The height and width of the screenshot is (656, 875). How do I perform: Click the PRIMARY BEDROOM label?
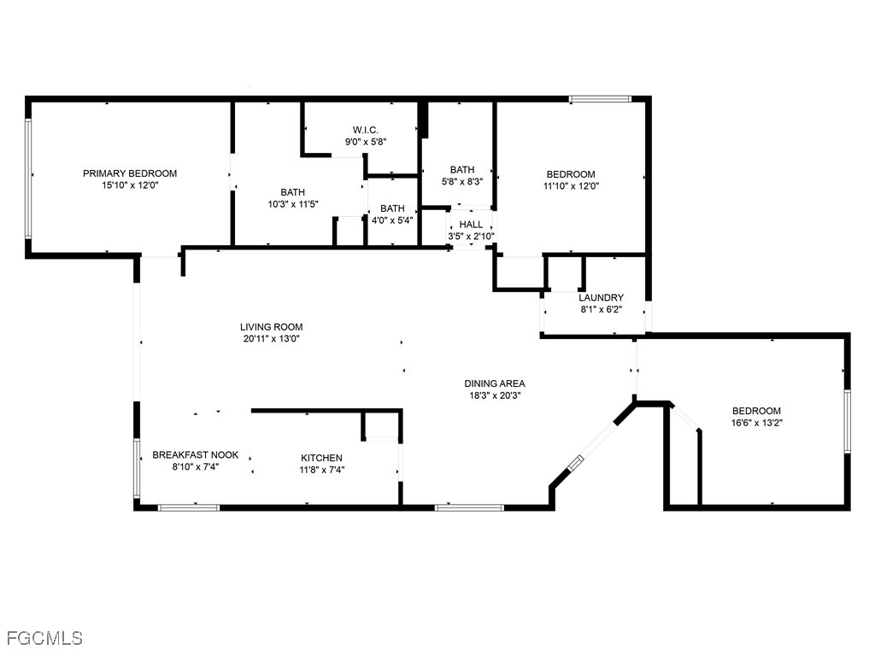[130, 173]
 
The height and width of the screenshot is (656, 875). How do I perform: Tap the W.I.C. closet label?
[366, 130]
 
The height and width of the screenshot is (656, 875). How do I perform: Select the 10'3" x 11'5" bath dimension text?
[293, 204]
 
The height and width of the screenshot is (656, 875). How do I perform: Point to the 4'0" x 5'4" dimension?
[392, 220]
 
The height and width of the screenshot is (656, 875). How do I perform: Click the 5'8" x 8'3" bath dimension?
[462, 181]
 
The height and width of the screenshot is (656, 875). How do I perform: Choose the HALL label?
[471, 225]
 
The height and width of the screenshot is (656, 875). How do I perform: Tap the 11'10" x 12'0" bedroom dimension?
[571, 185]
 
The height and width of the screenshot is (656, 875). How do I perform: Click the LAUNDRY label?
[601, 297]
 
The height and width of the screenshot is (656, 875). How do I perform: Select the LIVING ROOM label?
[272, 327]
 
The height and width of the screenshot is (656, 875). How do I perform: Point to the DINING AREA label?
[495, 384]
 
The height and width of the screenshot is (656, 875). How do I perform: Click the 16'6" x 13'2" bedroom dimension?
[757, 423]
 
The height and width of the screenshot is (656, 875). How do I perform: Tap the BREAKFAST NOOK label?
[196, 454]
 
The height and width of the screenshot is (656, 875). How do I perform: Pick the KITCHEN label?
[322, 458]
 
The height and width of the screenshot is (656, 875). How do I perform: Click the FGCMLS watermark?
[44, 637]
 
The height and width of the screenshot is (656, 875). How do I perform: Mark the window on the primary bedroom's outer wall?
[28, 179]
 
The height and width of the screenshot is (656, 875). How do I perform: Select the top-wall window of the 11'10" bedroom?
[600, 99]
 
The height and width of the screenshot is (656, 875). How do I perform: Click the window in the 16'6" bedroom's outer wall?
[847, 420]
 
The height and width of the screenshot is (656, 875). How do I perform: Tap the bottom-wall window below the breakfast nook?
[189, 507]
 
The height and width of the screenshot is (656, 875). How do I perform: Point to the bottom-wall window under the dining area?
[469, 507]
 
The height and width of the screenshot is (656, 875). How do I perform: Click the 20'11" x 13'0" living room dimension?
[272, 338]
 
